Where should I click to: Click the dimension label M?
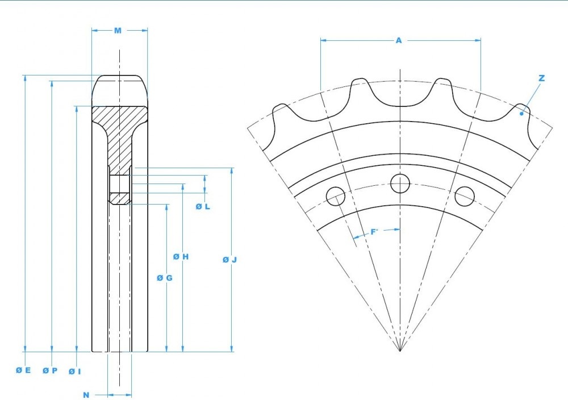tap(118, 31)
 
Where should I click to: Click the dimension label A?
tap(399, 40)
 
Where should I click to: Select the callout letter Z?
tap(541, 78)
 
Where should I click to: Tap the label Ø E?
tap(23, 370)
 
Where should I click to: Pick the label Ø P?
tap(50, 370)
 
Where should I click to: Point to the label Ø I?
tap(75, 371)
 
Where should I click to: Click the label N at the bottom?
tap(86, 394)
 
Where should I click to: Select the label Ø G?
tap(164, 278)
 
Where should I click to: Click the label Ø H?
tap(181, 257)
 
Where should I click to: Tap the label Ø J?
tap(229, 260)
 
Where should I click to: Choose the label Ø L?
tap(203, 206)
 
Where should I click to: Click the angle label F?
tap(374, 232)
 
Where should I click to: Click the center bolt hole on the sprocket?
tap(400, 183)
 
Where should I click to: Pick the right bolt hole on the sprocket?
tap(465, 196)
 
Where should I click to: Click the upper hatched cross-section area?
tap(120, 128)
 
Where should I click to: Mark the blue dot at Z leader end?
tap(521, 114)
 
